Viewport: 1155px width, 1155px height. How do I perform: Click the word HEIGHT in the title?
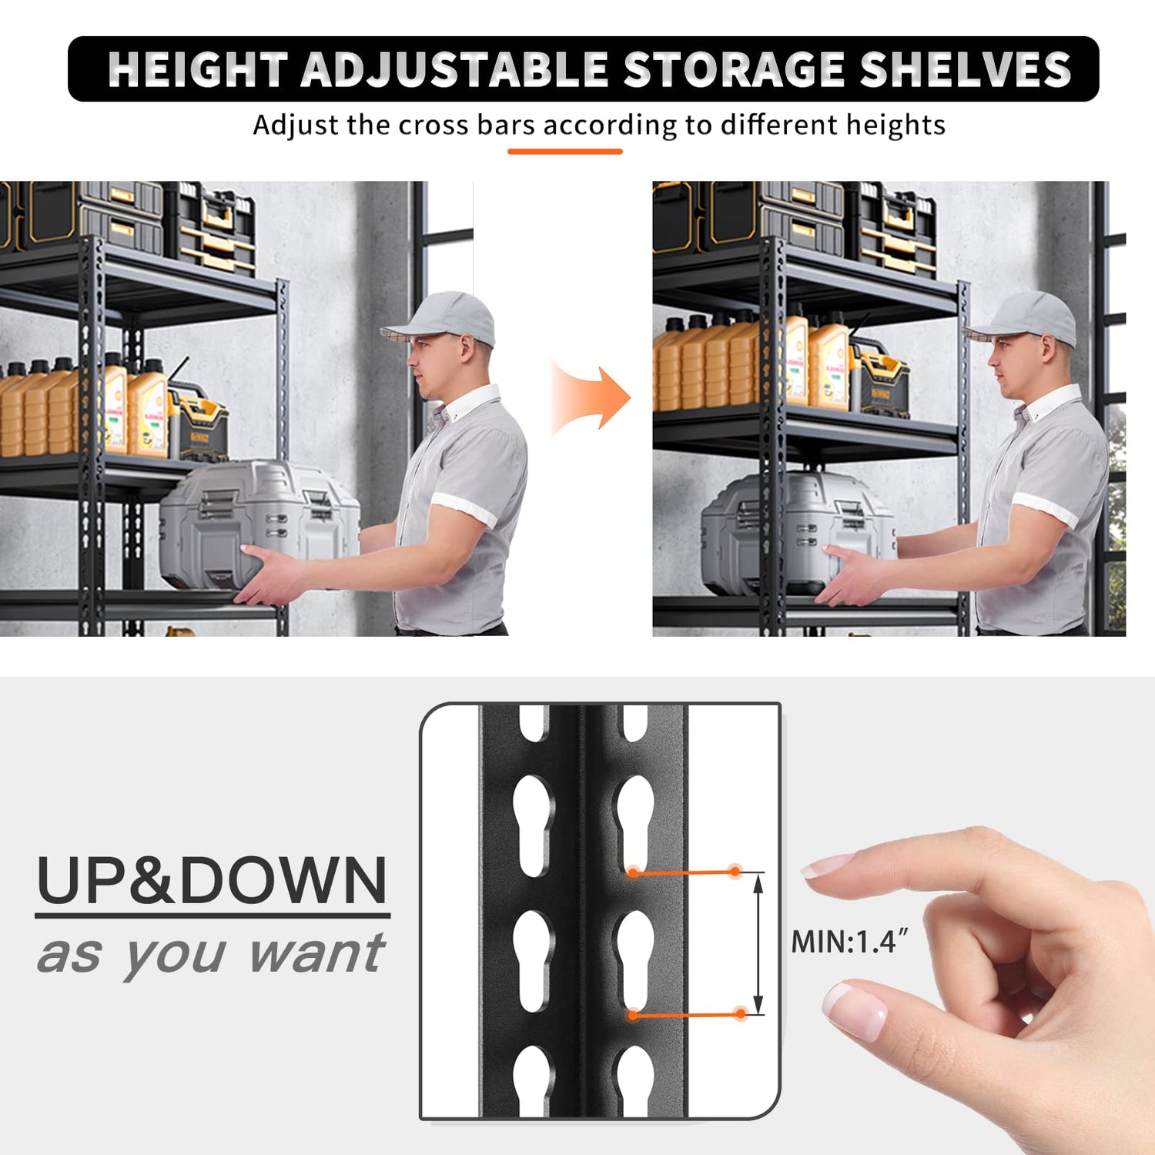pyautogui.click(x=197, y=69)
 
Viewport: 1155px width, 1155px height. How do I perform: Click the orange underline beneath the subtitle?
pyautogui.click(x=564, y=152)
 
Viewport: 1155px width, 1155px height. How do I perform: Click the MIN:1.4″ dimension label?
pyautogui.click(x=849, y=941)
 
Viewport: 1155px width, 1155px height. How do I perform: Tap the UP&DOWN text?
pyautogui.click(x=212, y=881)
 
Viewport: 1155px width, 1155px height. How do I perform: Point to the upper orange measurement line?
pyautogui.click(x=684, y=872)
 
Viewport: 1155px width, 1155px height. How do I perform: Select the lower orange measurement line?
pyautogui.click(x=685, y=1015)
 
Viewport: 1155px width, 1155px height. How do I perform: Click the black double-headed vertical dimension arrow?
pyautogui.click(x=758, y=944)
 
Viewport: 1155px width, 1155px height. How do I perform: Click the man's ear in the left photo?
pyautogui.click(x=467, y=349)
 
